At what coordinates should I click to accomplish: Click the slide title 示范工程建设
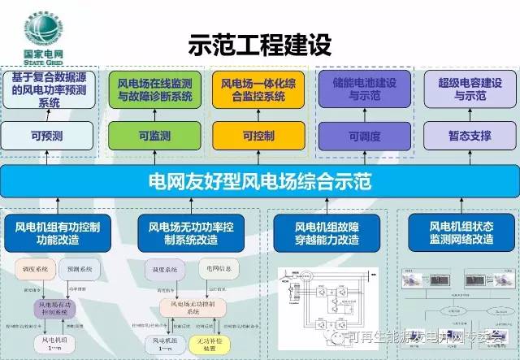pyautogui.click(x=259, y=43)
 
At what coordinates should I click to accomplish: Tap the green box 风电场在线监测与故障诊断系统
pyautogui.click(x=155, y=89)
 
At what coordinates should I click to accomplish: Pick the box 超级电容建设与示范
pyautogui.click(x=461, y=89)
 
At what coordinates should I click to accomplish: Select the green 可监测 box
pyautogui.click(x=155, y=135)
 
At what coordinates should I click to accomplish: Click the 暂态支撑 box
pyautogui.click(x=461, y=135)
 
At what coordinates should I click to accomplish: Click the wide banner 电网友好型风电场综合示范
pyautogui.click(x=260, y=180)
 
